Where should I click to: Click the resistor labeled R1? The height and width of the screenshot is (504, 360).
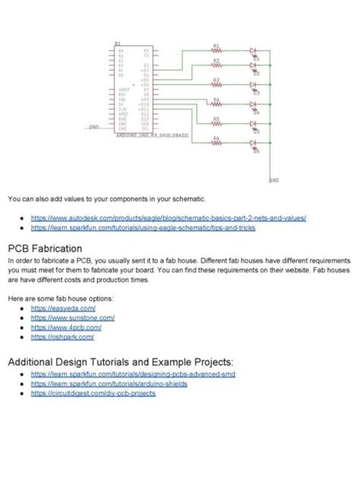coord(216,51)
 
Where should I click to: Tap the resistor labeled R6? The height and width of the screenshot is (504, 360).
coord(216,143)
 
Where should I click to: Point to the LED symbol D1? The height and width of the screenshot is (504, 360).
coord(253,51)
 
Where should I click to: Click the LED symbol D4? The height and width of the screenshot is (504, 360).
coord(253,104)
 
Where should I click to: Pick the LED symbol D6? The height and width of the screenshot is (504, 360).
coord(253,143)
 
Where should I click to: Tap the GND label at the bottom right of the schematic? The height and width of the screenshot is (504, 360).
coord(273,180)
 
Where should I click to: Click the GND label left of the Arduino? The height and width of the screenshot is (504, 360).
coord(94,127)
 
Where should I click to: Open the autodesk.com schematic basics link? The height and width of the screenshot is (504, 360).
coord(168,217)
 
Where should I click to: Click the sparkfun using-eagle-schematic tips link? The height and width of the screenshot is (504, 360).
coord(143,227)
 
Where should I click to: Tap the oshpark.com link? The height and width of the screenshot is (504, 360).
coord(62,336)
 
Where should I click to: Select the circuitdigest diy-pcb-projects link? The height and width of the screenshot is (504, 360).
coord(93,393)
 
